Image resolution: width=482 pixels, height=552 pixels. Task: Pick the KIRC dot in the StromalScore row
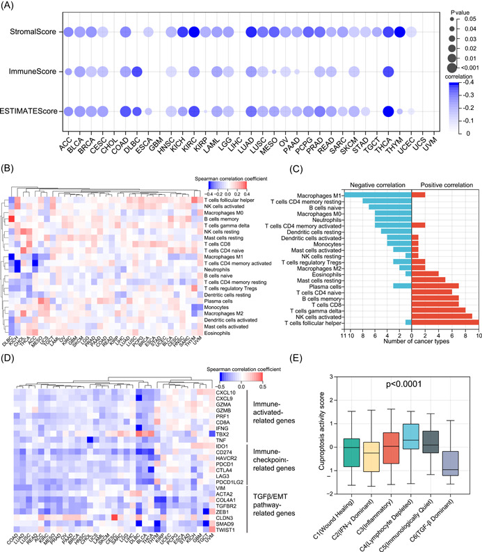click(193, 31)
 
